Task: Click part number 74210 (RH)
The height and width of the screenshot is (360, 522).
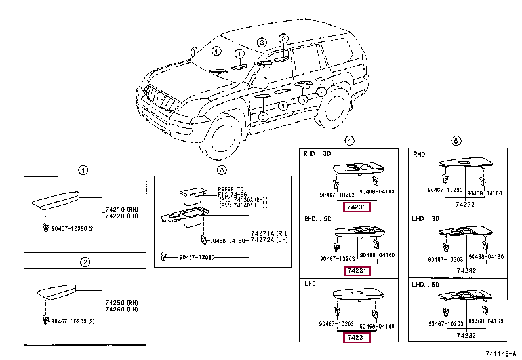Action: (119, 207)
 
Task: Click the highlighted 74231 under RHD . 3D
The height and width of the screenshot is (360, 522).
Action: (358, 207)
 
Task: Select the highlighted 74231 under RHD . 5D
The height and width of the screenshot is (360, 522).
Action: (358, 271)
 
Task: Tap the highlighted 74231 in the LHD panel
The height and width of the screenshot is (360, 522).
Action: (358, 337)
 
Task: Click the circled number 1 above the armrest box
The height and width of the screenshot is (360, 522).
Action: (83, 170)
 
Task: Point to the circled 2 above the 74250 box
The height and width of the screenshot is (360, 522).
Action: (85, 262)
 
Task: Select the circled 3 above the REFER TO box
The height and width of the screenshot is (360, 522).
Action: (222, 170)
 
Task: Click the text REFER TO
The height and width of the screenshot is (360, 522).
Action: (231, 188)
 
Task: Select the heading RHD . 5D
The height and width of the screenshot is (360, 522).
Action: (317, 218)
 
